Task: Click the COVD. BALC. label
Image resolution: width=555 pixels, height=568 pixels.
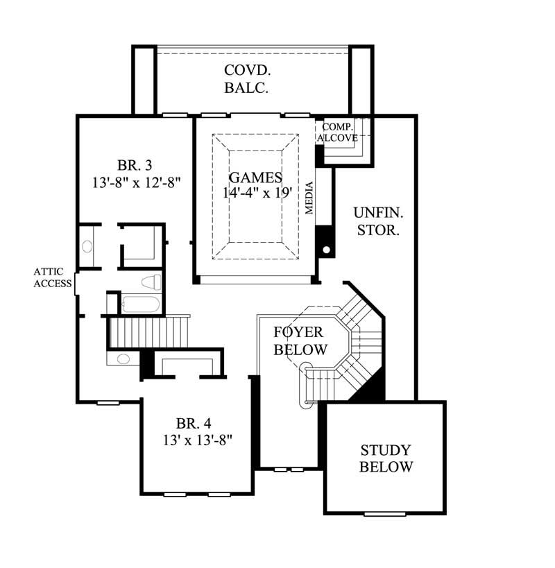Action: click(x=246, y=79)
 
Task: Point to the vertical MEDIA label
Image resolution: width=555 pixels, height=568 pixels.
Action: click(x=310, y=197)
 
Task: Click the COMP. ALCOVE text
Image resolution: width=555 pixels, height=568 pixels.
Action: click(x=338, y=132)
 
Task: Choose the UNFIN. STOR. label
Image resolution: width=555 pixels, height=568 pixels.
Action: click(x=377, y=221)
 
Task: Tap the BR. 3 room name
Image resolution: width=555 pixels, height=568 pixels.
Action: click(x=135, y=165)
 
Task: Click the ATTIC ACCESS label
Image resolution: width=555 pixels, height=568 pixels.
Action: click(x=53, y=277)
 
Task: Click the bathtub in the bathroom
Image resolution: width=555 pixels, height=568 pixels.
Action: click(x=141, y=304)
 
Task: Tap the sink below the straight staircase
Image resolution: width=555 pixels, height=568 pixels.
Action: click(x=123, y=359)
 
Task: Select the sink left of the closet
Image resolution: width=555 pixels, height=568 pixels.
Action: click(x=88, y=246)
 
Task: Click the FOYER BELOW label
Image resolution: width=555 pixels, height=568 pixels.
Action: click(x=300, y=341)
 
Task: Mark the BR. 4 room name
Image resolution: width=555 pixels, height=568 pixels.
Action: click(x=194, y=423)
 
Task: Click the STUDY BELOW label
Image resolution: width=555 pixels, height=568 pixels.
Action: click(x=386, y=458)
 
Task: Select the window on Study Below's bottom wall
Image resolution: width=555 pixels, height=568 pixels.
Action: click(x=384, y=514)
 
